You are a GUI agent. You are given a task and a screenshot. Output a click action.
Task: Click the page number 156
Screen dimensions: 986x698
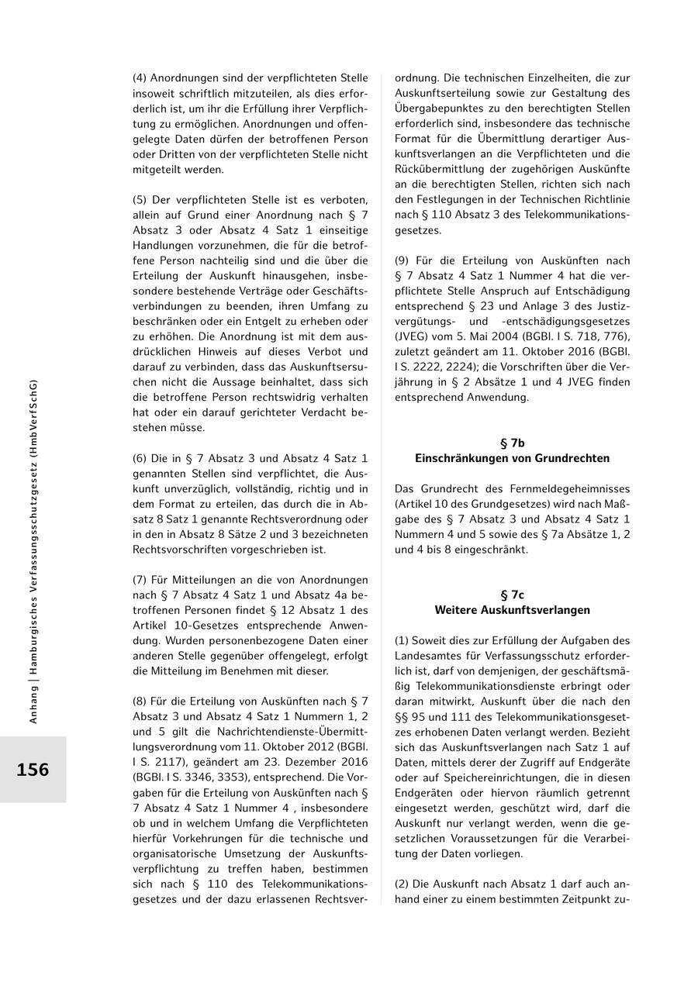coord(33,770)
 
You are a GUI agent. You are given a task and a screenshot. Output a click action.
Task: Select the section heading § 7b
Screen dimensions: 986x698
coord(512,443)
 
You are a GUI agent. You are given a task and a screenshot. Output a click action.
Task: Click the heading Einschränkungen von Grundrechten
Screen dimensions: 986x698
coord(512,458)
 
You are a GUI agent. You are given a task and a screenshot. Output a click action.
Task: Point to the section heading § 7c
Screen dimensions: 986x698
coord(512,595)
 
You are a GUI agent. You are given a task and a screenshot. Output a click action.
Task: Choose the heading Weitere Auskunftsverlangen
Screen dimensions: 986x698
coord(512,610)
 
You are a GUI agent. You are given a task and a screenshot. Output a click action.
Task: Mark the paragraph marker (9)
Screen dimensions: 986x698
coord(403,260)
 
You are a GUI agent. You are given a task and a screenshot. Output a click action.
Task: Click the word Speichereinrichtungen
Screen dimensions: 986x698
coord(475,777)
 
